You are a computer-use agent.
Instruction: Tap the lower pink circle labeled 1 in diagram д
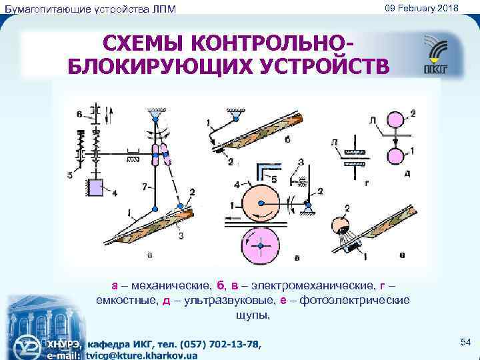(395, 156)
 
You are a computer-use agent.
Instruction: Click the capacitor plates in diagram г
(352, 155)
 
